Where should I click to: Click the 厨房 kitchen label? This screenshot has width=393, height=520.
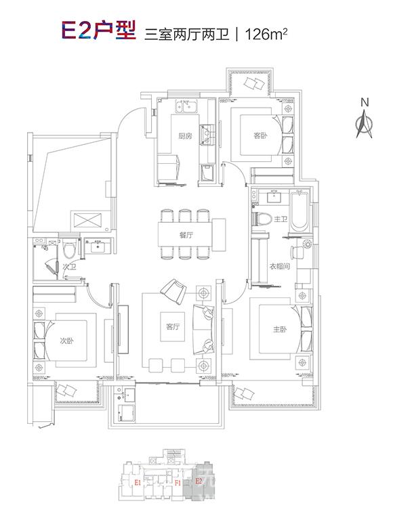click(x=185, y=135)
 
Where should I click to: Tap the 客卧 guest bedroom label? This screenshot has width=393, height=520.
click(x=260, y=135)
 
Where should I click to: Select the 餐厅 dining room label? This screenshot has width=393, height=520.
click(x=186, y=235)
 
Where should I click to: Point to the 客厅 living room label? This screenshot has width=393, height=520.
click(x=173, y=326)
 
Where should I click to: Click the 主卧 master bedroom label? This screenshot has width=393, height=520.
click(x=279, y=329)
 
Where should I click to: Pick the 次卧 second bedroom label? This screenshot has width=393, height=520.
click(x=66, y=341)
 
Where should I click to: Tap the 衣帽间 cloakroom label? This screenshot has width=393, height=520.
click(x=279, y=266)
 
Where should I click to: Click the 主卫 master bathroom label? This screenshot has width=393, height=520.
click(x=281, y=219)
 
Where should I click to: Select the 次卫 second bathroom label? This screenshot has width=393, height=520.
click(x=69, y=266)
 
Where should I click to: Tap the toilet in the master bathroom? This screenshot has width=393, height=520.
click(x=261, y=219)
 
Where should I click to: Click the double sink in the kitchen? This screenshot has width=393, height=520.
click(x=186, y=106)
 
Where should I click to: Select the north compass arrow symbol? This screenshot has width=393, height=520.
click(x=364, y=125)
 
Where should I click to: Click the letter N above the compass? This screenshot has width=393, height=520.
click(x=365, y=102)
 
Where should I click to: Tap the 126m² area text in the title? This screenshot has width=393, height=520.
click(x=266, y=34)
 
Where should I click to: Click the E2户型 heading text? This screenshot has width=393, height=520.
click(x=98, y=30)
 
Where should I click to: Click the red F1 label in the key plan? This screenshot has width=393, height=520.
click(x=178, y=483)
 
